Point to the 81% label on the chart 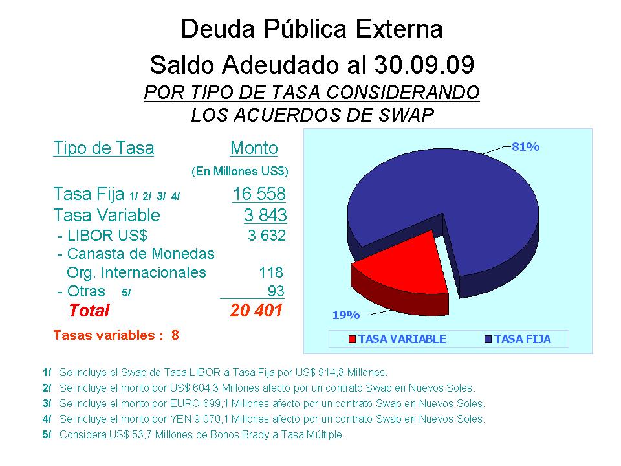(x=525, y=147)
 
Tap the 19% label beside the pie (x=345, y=315)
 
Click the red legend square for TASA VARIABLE (x=353, y=339)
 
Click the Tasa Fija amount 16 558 (x=259, y=194)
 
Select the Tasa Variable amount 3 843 (x=265, y=215)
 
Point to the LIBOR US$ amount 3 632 (x=267, y=235)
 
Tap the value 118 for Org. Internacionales (x=271, y=272)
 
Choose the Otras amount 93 (x=276, y=291)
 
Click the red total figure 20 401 (x=257, y=311)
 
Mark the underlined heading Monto (x=254, y=148)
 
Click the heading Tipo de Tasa (x=103, y=148)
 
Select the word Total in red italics (x=89, y=311)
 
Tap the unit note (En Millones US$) (x=240, y=172)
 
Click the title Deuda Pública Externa (x=312, y=29)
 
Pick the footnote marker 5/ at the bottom (x=47, y=435)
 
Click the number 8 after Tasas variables (x=175, y=335)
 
